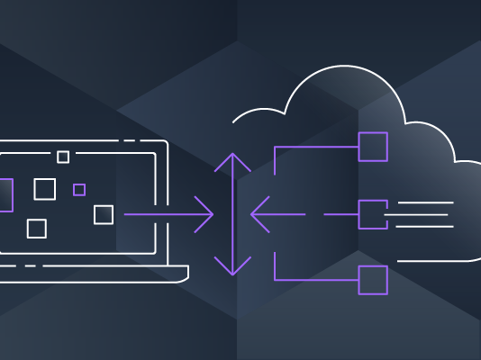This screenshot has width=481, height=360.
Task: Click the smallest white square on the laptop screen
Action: pos(63,157)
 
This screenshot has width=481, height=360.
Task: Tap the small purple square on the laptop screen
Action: pos(79,190)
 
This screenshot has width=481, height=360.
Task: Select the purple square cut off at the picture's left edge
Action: pos(5,195)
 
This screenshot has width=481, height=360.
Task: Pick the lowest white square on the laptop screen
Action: pos(36,229)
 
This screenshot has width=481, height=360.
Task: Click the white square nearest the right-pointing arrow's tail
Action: pos(104,214)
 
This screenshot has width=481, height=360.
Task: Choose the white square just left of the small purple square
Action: pos(44,189)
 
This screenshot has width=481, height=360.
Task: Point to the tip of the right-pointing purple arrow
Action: pos(212,215)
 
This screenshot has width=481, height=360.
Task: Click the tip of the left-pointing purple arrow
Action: pos(253,215)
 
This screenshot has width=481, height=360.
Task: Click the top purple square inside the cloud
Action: pos(373,147)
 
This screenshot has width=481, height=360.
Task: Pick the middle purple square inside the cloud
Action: pos(373,214)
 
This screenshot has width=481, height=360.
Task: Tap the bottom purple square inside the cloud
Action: pos(373,280)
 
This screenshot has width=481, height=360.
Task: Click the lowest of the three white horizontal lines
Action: pos(423,226)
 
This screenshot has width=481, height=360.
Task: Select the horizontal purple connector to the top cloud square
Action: pos(315,147)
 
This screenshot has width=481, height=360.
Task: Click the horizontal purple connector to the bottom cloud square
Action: pos(315,280)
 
